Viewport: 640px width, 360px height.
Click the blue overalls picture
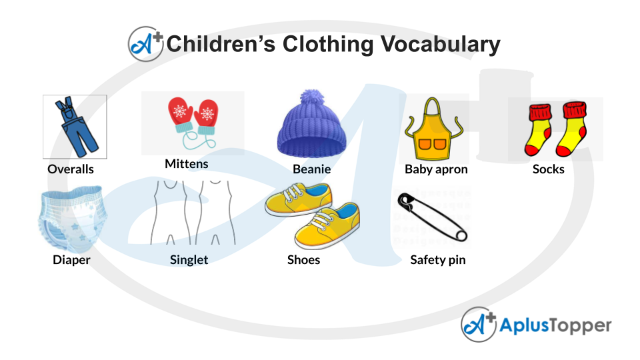coord(76,127)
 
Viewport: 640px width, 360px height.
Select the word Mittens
coord(187,164)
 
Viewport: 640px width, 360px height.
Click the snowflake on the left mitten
coord(180,110)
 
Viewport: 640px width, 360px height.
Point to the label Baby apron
coord(436,169)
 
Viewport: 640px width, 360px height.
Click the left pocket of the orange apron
coord(425,144)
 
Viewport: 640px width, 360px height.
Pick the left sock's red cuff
coord(540,112)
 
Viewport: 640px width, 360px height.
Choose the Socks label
coord(548,169)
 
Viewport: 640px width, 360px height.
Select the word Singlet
coord(189,259)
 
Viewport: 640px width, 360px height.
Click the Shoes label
coord(303,259)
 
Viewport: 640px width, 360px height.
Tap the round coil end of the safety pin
coord(461,235)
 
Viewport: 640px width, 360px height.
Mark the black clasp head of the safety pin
coord(405,200)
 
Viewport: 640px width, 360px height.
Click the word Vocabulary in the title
coord(441,44)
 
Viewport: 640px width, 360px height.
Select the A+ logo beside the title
coord(146,44)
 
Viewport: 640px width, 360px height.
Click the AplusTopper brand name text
coord(555,325)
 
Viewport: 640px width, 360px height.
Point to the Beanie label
coord(312,169)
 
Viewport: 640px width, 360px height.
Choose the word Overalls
coord(71,169)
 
